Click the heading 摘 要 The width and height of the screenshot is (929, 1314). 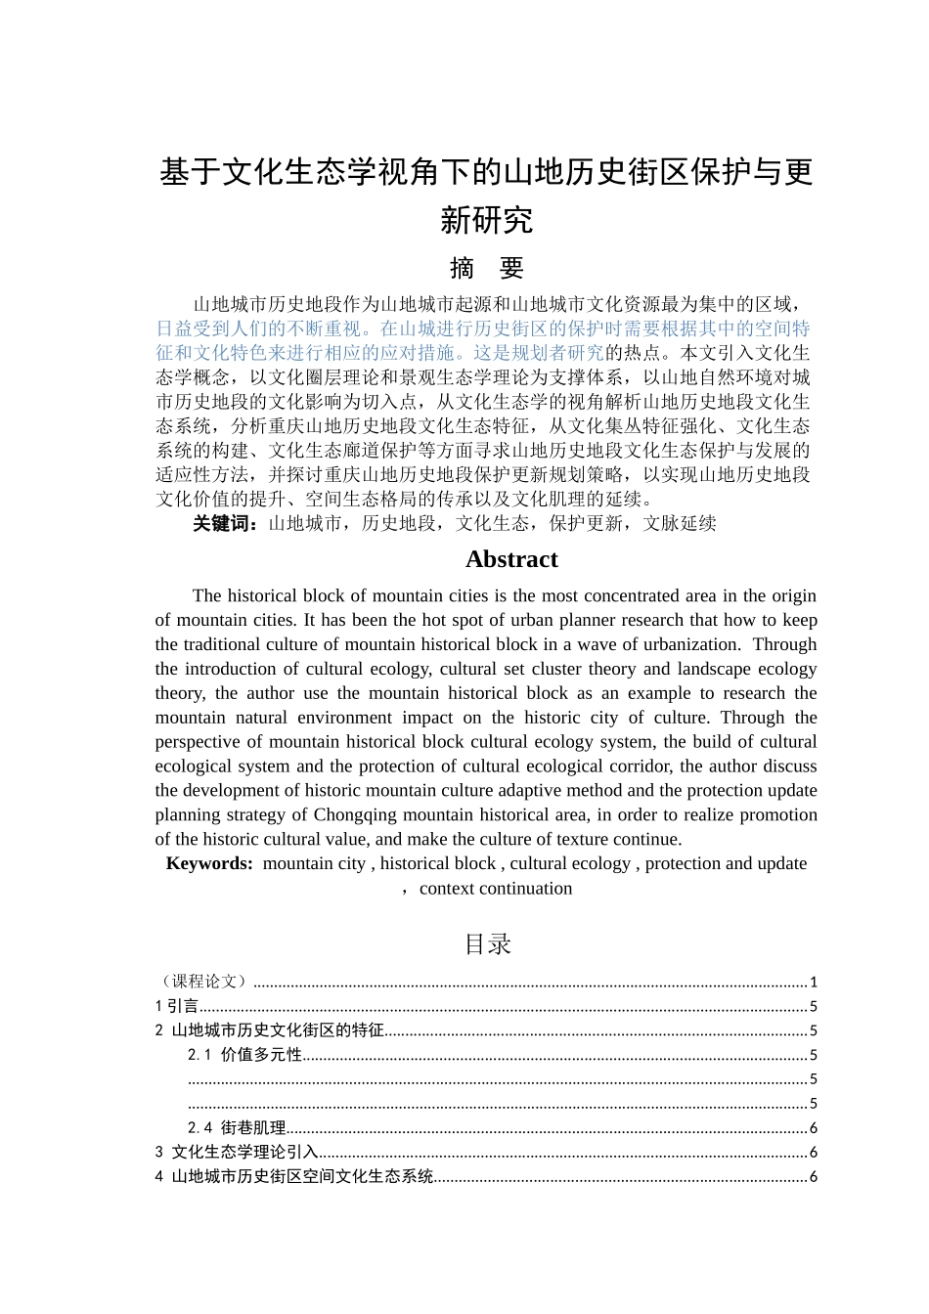[x=486, y=268]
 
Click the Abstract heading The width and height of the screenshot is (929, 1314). [x=511, y=559]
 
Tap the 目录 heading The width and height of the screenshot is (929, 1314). [x=487, y=943]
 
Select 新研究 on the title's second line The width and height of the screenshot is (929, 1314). [x=486, y=219]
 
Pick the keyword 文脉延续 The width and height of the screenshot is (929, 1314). [x=680, y=523]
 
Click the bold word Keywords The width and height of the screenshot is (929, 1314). [x=209, y=863]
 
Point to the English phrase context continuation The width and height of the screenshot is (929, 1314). [x=496, y=889]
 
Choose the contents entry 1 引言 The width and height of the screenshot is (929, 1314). [x=177, y=1006]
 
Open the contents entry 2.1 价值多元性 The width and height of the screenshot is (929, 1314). [x=244, y=1055]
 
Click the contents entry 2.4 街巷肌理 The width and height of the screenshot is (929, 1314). [x=237, y=1128]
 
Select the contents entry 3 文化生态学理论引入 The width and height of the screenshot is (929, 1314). [x=237, y=1153]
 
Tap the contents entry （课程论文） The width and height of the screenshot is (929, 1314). [x=203, y=982]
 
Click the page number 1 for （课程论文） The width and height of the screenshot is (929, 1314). [x=813, y=982]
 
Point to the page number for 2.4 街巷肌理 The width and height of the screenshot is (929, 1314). [x=813, y=1128]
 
